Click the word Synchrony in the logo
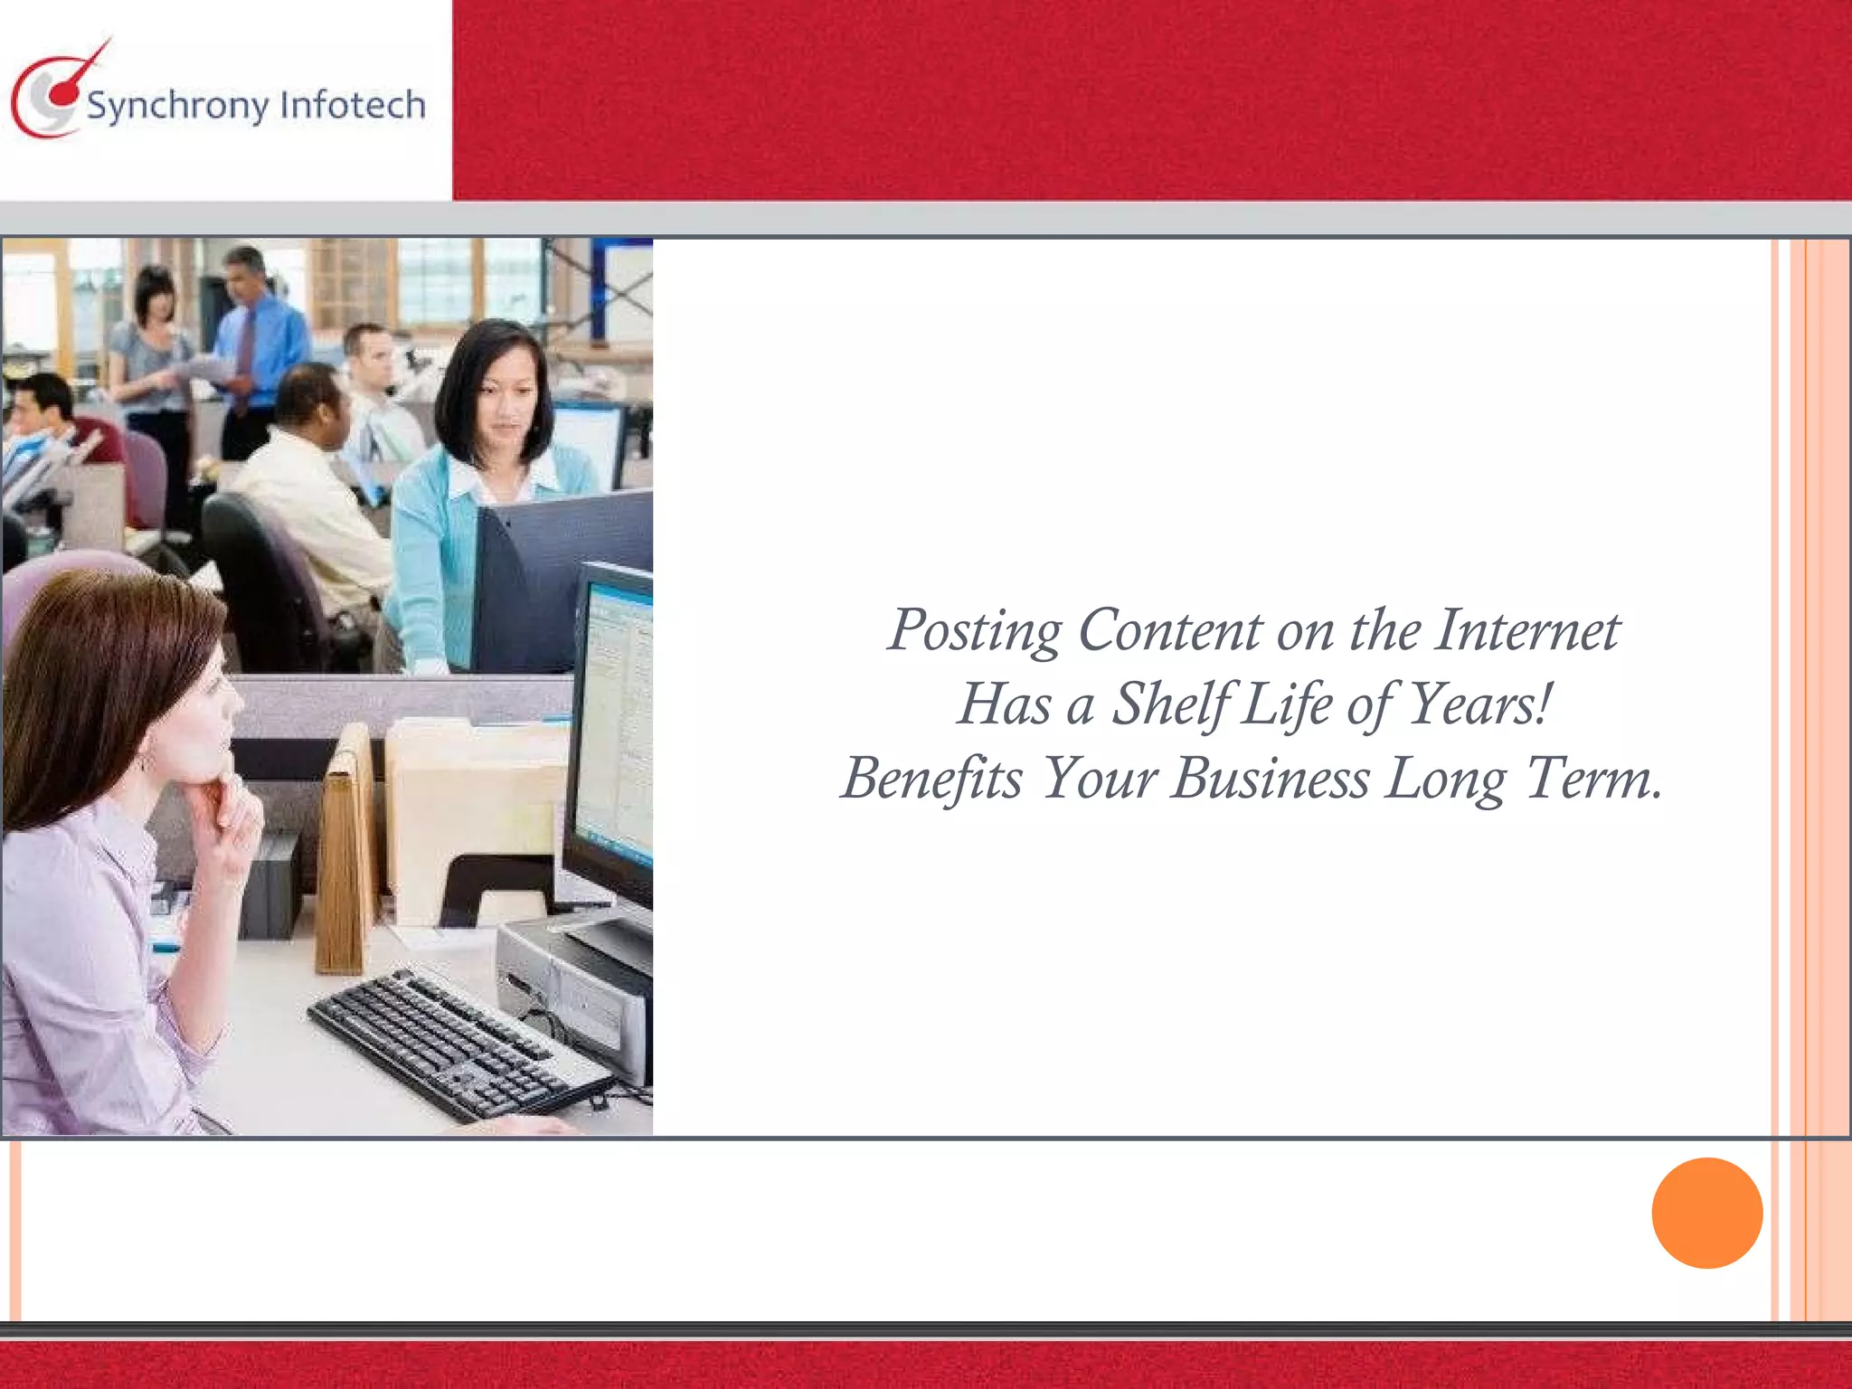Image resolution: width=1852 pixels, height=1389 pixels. point(178,108)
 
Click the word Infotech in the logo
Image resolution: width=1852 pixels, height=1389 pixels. point(353,105)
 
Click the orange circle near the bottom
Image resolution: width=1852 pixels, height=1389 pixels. point(1706,1213)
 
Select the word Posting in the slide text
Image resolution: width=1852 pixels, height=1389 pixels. point(974,632)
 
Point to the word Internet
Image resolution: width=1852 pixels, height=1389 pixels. point(1527,630)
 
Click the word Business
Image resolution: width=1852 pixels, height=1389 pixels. point(1270,780)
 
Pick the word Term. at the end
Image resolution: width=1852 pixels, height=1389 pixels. point(1593,780)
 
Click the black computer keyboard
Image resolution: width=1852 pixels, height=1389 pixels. point(457,1044)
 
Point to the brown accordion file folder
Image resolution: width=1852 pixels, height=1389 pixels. point(348,850)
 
